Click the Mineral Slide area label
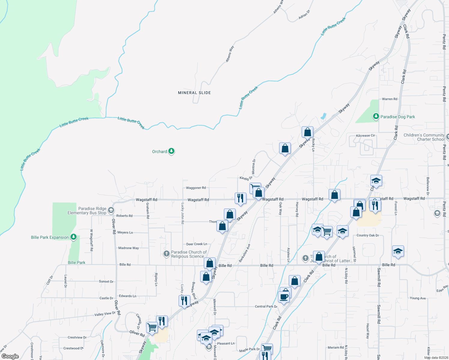(x=194, y=93)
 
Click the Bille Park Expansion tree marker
(x=74, y=237)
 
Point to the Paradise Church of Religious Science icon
(x=166, y=254)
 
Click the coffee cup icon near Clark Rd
(x=284, y=297)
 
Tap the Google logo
(x=10, y=356)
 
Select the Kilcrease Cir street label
(x=365, y=136)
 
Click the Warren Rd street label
(x=389, y=99)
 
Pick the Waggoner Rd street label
(x=196, y=188)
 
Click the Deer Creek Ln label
(x=197, y=244)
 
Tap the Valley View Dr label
(x=105, y=314)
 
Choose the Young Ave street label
(x=417, y=298)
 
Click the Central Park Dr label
(x=266, y=307)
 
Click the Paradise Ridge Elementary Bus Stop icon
(x=111, y=210)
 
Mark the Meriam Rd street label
(x=336, y=347)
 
